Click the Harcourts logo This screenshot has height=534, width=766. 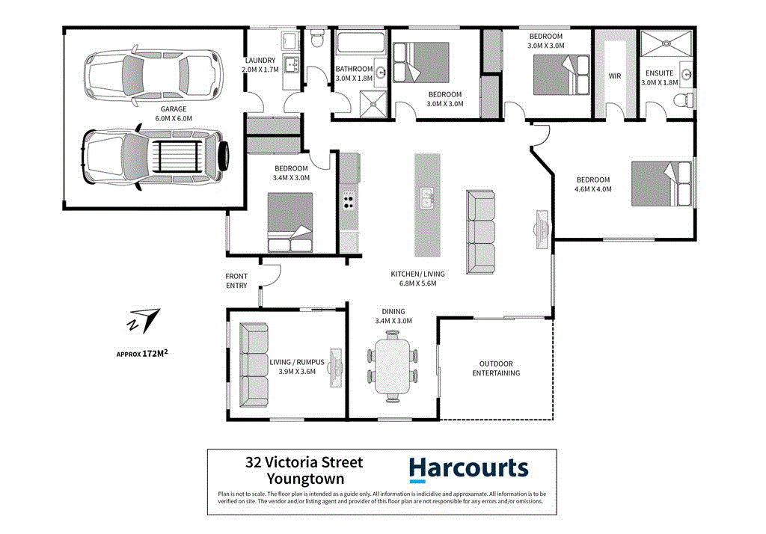(468, 469)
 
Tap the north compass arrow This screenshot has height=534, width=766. (144, 319)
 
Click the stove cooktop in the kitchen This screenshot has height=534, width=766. (349, 200)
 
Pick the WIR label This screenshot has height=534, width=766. (615, 76)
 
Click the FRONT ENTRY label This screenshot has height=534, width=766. (236, 280)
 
